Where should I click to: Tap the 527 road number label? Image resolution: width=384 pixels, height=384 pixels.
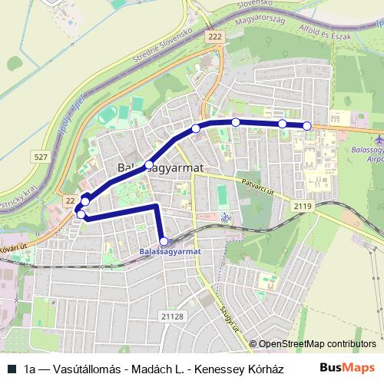pos(41,157)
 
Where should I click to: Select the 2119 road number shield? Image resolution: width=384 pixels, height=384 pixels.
pos(302,206)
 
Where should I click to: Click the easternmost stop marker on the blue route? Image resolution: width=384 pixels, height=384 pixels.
pos(307,126)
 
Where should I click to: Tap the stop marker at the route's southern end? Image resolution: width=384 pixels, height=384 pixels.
pos(164,241)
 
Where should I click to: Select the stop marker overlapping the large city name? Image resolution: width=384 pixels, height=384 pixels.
pos(149,165)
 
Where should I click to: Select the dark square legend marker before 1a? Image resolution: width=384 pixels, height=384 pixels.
pos(11,369)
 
